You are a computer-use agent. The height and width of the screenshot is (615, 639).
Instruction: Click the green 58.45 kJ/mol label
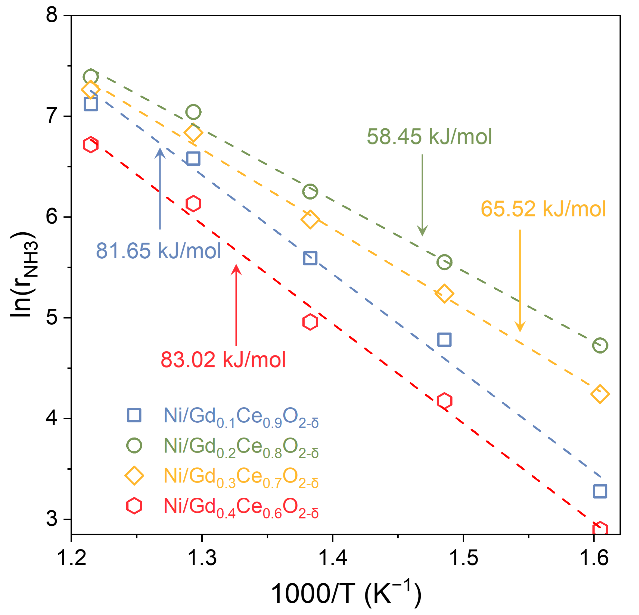click(429, 137)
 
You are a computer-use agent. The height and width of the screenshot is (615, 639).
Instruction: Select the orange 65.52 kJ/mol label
click(543, 209)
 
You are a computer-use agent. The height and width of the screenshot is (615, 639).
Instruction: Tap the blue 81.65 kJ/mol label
click(158, 251)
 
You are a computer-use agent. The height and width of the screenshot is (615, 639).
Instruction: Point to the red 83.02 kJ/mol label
click(223, 360)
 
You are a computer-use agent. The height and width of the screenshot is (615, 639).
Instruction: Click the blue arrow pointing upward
click(160, 189)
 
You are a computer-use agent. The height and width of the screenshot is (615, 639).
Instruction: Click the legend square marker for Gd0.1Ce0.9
click(134, 415)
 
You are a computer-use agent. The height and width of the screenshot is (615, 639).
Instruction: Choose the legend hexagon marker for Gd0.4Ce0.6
click(134, 506)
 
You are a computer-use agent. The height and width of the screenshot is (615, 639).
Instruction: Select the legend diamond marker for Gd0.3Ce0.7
click(134, 476)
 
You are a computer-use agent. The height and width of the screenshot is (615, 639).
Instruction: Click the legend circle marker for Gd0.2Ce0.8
click(134, 446)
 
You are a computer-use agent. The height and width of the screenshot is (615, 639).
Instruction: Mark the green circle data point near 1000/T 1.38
click(310, 191)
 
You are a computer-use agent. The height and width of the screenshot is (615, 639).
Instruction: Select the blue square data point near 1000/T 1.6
click(600, 491)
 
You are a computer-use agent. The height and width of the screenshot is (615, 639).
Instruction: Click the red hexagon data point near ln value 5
click(310, 322)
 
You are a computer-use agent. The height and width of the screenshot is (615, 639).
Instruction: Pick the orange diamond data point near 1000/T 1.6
click(600, 394)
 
